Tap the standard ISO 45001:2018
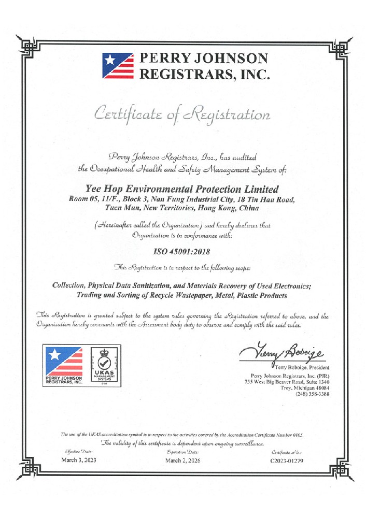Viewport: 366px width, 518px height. pos(182,252)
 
